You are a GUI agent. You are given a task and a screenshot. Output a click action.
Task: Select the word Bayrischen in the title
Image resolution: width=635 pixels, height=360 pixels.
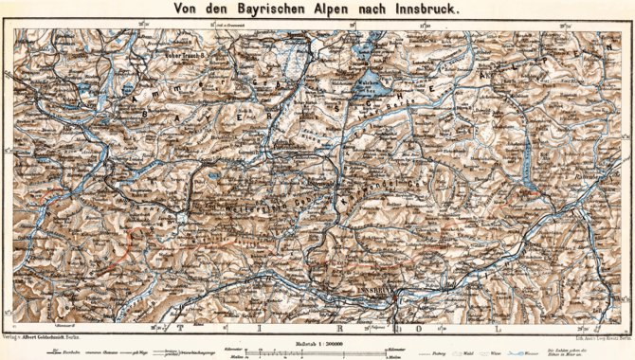(x=250, y=9)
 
